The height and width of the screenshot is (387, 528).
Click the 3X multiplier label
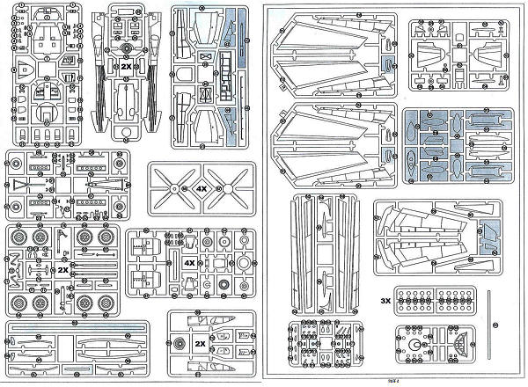385,299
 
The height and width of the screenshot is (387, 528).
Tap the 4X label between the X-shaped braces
201,188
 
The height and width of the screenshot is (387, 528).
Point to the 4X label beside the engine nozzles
188,263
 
